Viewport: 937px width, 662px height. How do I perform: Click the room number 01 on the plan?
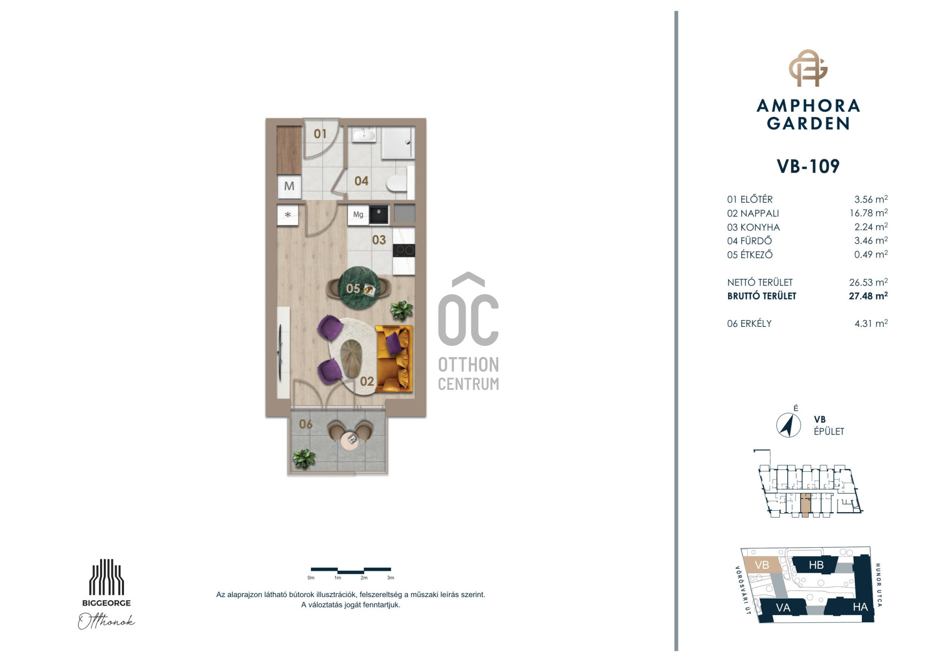pos(320,134)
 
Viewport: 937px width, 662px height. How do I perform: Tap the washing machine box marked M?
pos(289,186)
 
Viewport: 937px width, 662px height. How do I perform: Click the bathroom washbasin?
pos(364,135)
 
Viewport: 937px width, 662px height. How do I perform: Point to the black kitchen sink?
pos(379,214)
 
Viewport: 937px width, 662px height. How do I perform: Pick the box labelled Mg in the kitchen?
pos(358,215)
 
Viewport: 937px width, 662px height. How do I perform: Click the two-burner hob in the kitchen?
pos(404,251)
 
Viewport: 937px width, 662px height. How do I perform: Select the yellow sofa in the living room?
pos(394,359)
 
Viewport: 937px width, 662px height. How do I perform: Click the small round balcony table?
pos(350,441)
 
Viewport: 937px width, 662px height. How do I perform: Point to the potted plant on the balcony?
pos(304,459)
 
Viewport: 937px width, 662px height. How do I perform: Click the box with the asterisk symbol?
pos(288,215)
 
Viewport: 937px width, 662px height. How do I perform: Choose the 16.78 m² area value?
pos(868,213)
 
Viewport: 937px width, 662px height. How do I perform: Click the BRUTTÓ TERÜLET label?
pos(761,296)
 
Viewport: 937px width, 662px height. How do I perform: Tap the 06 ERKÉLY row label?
pos(749,323)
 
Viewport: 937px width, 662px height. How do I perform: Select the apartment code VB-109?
pos(808,166)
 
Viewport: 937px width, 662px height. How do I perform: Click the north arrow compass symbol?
pos(788,425)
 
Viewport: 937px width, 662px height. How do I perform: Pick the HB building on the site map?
pos(816,565)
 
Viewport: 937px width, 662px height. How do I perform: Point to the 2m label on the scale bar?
pos(364,578)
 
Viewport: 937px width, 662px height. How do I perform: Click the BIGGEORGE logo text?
pos(106,603)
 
